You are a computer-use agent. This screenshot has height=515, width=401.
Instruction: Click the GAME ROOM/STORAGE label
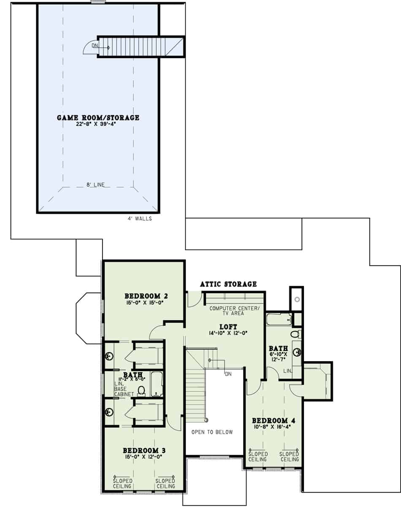tap(98, 118)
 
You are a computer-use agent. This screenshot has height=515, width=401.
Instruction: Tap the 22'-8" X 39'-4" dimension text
tap(98, 124)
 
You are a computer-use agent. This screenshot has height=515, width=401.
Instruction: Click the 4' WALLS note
tap(140, 219)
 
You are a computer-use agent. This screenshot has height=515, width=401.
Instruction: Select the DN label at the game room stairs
tap(95, 45)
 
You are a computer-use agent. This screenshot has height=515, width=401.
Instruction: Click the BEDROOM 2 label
tap(144, 295)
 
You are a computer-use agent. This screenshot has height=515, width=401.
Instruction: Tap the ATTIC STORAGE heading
tap(228, 284)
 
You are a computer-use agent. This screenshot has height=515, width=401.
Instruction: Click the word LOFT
tap(228, 326)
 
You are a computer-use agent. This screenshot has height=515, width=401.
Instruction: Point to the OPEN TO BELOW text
tap(212, 432)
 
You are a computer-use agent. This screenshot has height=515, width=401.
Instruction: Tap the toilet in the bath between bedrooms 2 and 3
tap(141, 391)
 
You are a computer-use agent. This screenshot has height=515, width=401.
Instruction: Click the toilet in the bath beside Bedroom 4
tap(295, 334)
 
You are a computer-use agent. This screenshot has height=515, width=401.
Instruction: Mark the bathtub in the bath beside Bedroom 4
tap(279, 319)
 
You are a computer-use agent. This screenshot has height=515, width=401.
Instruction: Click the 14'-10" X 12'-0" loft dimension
tap(228, 333)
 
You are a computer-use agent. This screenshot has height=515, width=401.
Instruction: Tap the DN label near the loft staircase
tap(228, 374)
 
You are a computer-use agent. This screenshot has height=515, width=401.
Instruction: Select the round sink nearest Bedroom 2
tap(109, 357)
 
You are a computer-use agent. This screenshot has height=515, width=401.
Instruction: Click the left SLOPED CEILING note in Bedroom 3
tap(122, 483)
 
